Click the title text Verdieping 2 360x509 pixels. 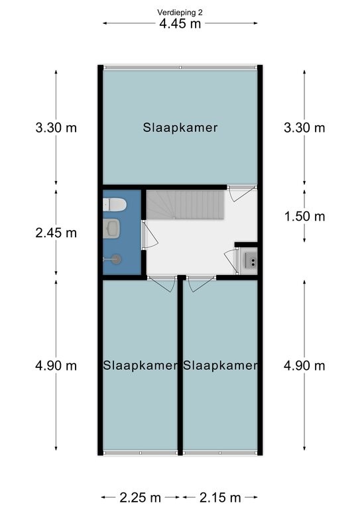(180, 13)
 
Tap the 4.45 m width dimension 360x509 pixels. (180, 24)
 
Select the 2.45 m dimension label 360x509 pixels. (56, 233)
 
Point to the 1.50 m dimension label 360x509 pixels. (304, 216)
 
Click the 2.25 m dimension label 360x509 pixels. (141, 497)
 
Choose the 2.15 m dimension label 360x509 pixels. (220, 497)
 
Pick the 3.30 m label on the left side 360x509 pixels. (56, 127)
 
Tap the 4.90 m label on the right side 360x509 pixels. (304, 366)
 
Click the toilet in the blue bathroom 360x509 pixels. (114, 205)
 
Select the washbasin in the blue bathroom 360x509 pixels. (111, 227)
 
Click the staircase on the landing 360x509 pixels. (186, 205)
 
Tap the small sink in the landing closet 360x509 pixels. (251, 260)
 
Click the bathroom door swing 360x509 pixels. (149, 234)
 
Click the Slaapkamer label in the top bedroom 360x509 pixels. (180, 127)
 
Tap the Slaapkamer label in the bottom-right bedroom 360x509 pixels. (220, 366)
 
